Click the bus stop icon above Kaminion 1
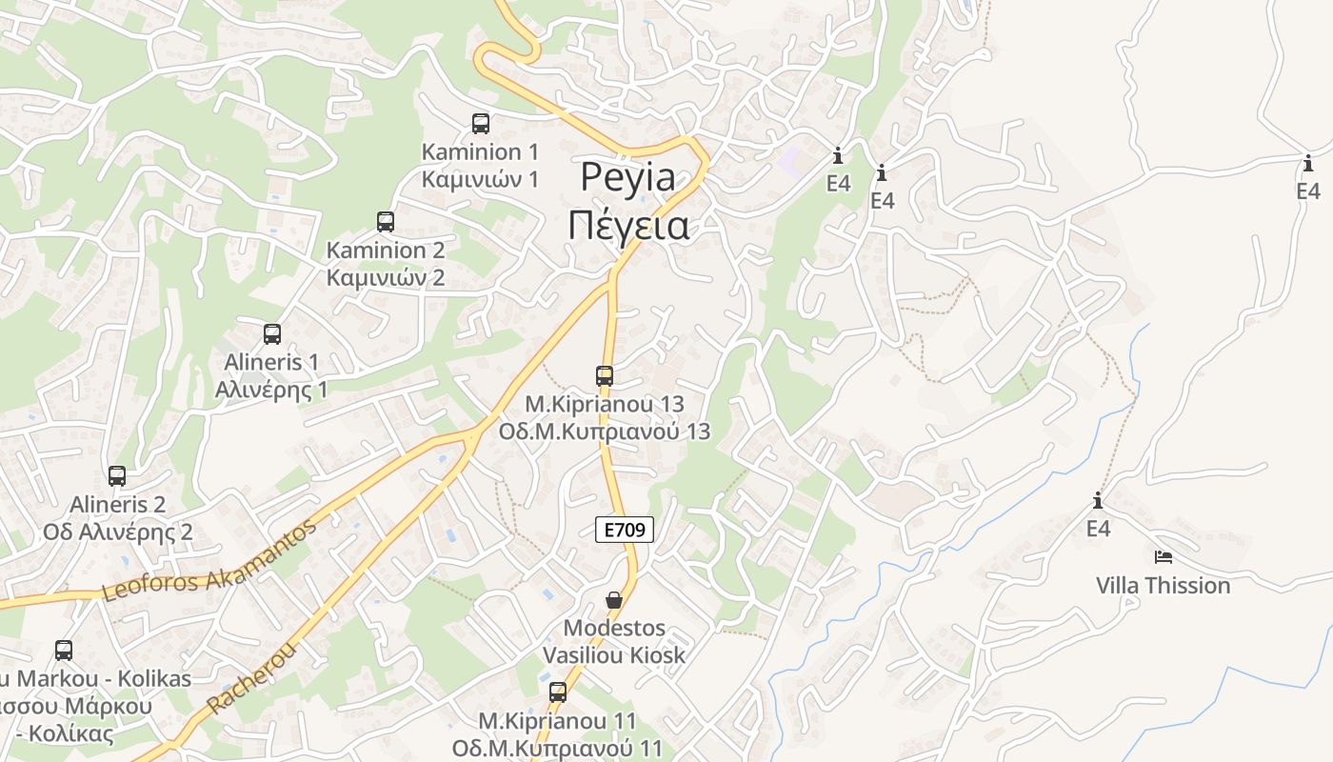coord(481,123)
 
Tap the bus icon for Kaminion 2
coord(386,222)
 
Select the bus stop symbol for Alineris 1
coord(272,334)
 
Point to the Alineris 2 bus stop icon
coord(117,476)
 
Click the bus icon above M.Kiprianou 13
coord(605,376)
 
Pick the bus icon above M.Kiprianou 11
coord(558,692)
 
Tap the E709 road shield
coord(625,531)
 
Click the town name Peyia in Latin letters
coord(628,177)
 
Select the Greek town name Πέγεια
coord(628,227)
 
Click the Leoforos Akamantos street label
coord(209,562)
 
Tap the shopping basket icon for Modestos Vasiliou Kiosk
coord(614,601)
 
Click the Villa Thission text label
coord(1163,585)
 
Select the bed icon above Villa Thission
coord(1163,557)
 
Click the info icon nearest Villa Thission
coord(1098,500)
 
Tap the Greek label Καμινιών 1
coord(480,178)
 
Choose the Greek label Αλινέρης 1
coord(271,389)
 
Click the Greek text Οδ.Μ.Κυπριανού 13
coord(605,431)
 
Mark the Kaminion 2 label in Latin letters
coord(386,251)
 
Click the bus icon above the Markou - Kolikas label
coord(64,651)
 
